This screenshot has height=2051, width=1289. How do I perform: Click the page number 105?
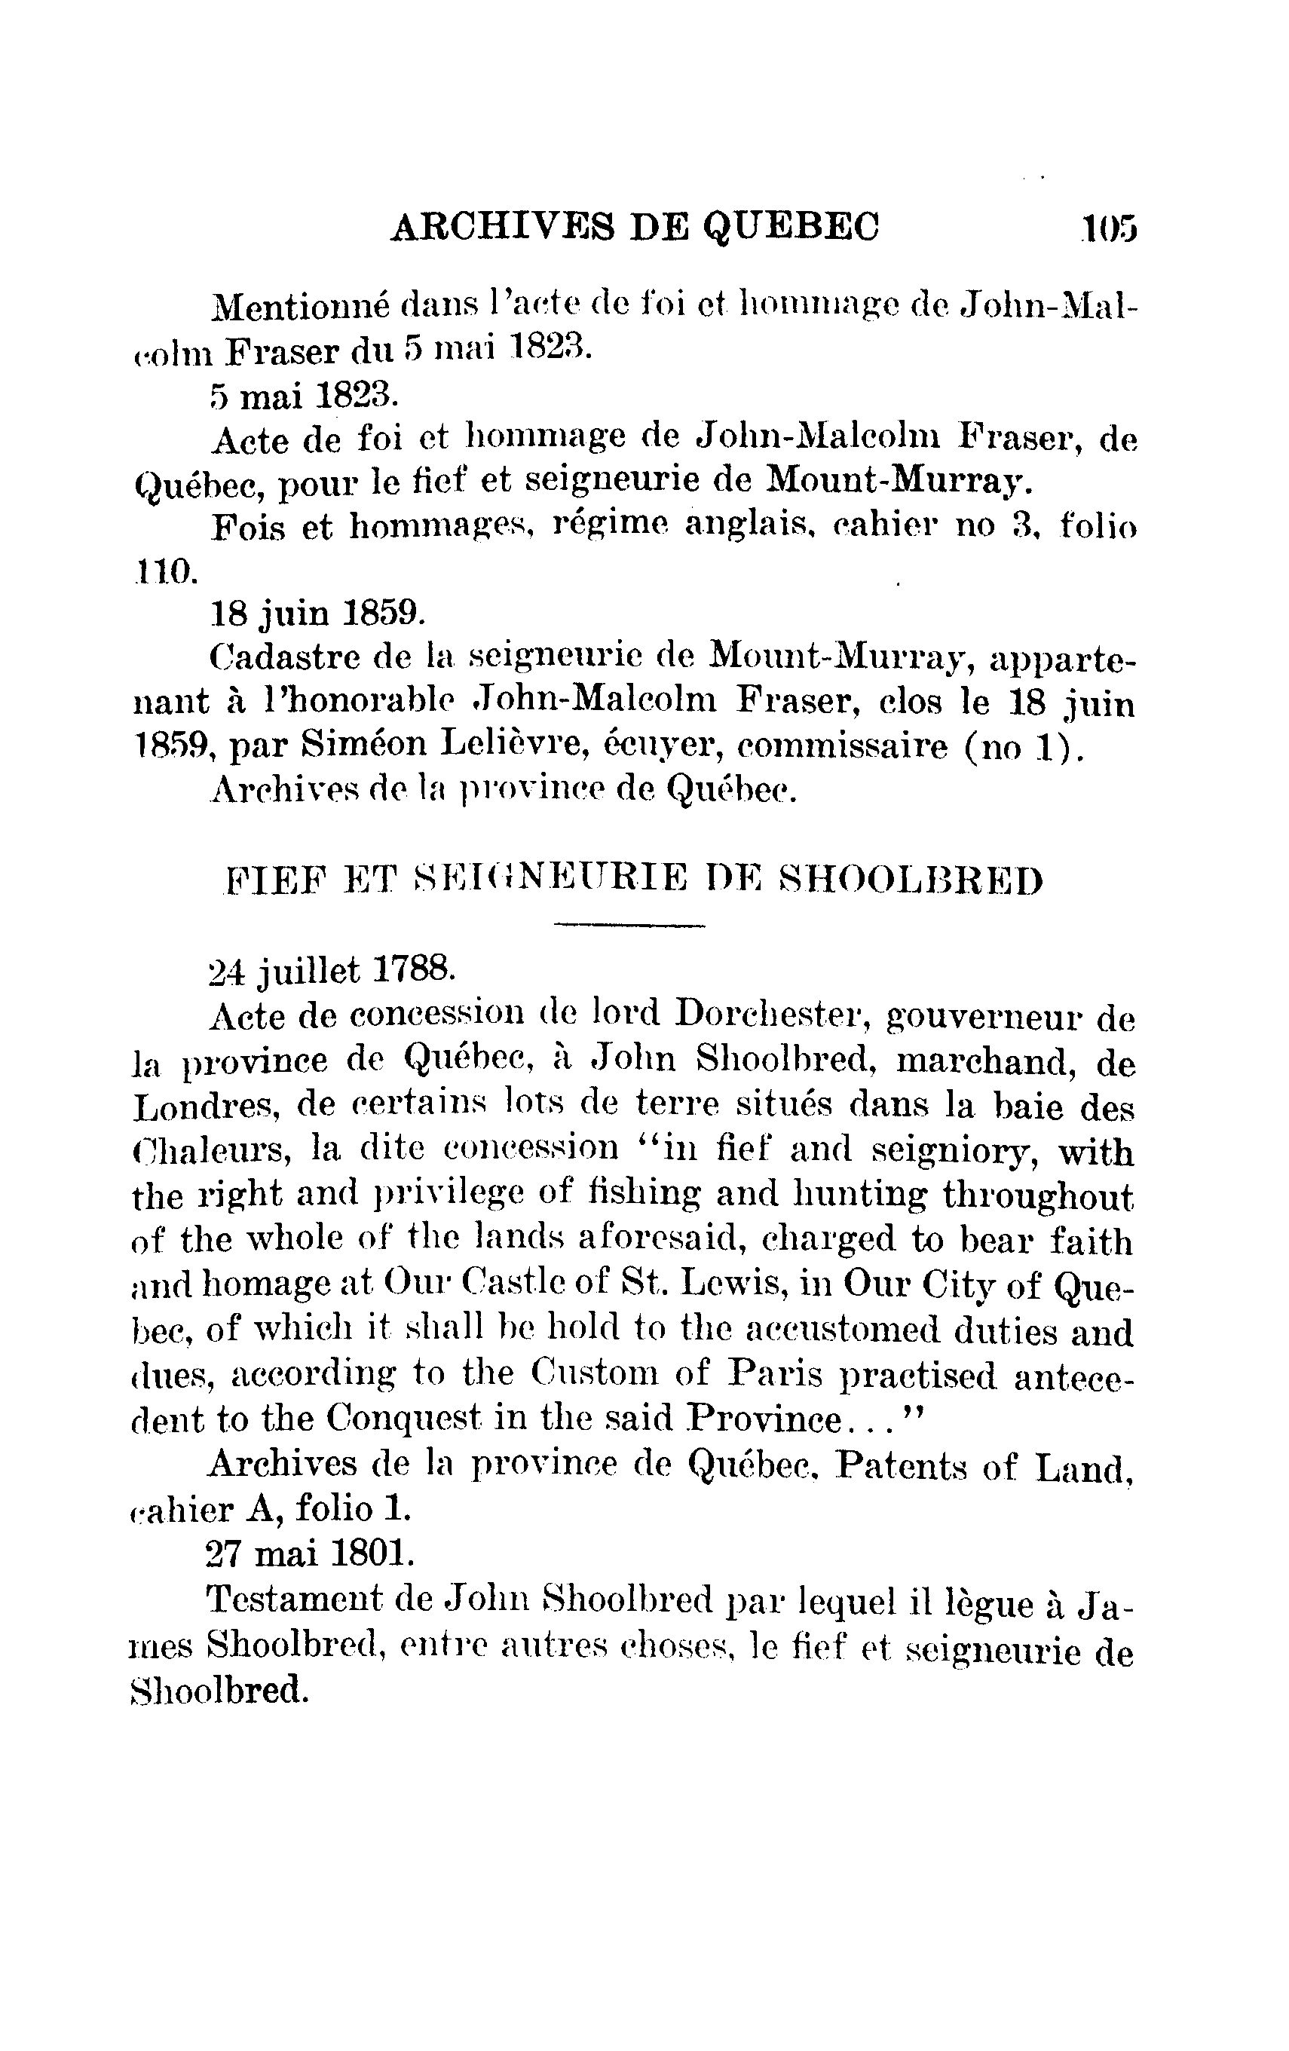[x=1110, y=228]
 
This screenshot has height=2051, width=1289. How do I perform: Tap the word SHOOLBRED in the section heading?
[x=910, y=880]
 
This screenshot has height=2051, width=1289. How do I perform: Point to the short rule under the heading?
[x=629, y=924]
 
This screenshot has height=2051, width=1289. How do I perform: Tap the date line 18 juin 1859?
[x=315, y=612]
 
